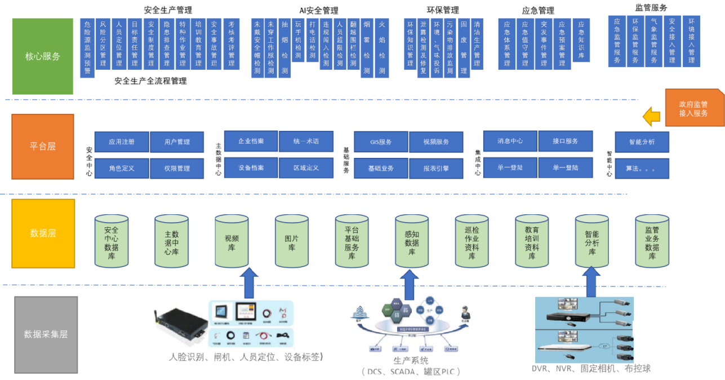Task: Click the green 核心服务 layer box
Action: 43,56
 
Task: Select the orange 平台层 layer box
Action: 43,147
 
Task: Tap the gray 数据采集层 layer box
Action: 46,334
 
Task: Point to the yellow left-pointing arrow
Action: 652,117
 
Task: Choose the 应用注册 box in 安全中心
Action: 121,142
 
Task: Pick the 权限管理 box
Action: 177,168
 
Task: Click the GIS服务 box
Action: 380,142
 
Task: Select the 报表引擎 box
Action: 436,168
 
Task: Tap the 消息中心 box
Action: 510,140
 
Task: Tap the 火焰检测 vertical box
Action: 382,47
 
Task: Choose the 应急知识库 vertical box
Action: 581,40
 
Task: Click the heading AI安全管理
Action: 319,10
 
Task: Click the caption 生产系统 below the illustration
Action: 411,361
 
